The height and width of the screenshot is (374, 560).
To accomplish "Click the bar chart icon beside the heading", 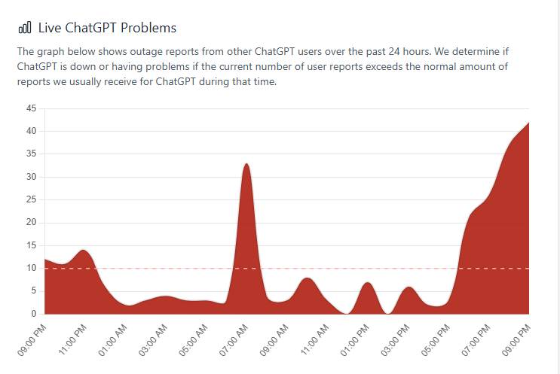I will pyautogui.click(x=25, y=28).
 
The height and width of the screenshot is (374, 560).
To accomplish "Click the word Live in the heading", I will pyautogui.click(x=50, y=28).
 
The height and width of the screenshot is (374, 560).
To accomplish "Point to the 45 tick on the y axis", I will pyautogui.click(x=31, y=108).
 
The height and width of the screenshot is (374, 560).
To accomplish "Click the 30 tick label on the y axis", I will pyautogui.click(x=31, y=177).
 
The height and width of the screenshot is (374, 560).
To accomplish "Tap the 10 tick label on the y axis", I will pyautogui.click(x=31, y=268).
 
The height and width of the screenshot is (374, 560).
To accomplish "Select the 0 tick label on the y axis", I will pyautogui.click(x=34, y=314).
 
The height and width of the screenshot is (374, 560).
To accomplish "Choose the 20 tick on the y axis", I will pyautogui.click(x=31, y=223).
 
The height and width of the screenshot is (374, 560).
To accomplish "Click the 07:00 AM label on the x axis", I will pyautogui.click(x=236, y=339).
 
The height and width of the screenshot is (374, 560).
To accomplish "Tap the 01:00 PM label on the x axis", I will pyautogui.click(x=357, y=339).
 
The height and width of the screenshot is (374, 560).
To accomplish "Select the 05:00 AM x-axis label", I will pyautogui.click(x=196, y=339).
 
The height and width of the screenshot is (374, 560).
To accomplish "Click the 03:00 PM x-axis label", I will pyautogui.click(x=398, y=339).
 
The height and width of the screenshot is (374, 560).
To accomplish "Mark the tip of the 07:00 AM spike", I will pyautogui.click(x=246, y=163).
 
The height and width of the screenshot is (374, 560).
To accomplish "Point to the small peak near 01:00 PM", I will pyautogui.click(x=367, y=282).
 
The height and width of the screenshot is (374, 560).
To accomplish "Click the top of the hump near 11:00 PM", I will pyautogui.click(x=83, y=250).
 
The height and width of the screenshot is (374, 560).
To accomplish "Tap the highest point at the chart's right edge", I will pyautogui.click(x=528, y=122).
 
